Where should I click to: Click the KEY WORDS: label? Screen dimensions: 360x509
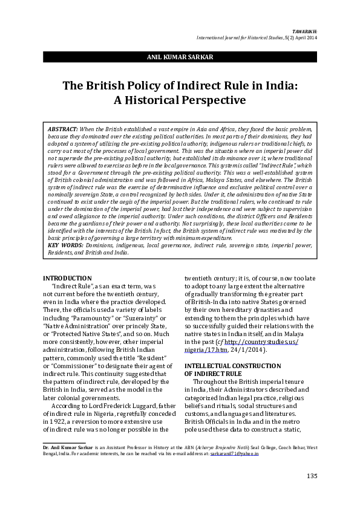[x=63, y=246]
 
